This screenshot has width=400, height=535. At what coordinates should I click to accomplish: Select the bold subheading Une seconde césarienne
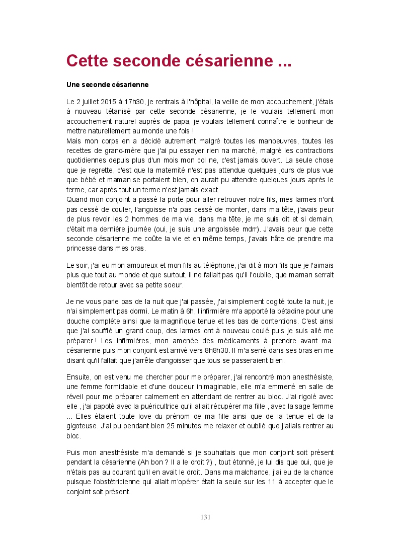coord(107,84)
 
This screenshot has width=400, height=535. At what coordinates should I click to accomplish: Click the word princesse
coord(84,248)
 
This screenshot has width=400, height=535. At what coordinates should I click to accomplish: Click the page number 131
coord(205,517)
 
